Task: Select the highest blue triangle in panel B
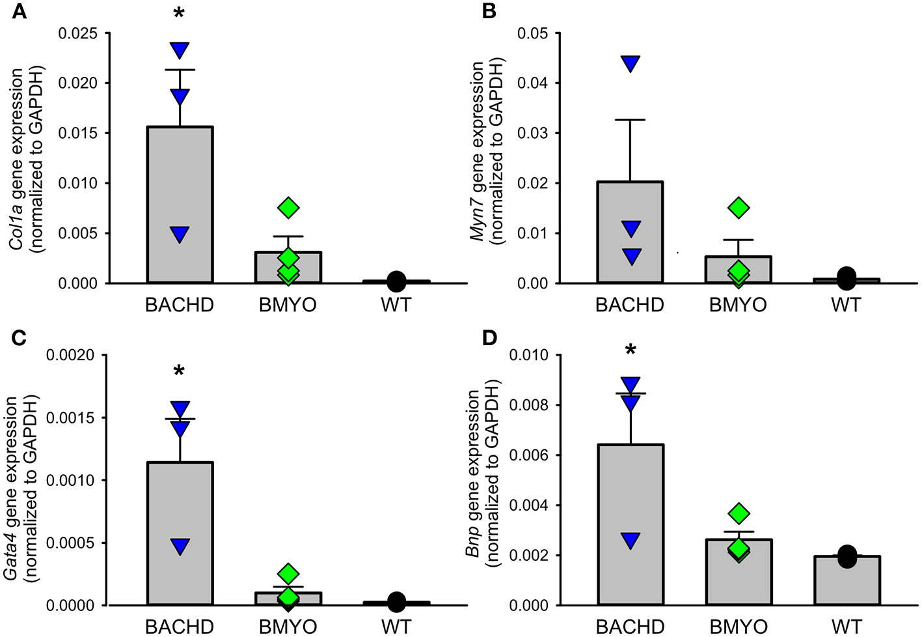(x=630, y=64)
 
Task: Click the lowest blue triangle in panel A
(x=180, y=234)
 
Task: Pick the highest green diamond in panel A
(x=288, y=208)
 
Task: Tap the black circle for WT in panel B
(x=846, y=277)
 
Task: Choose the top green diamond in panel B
(x=739, y=208)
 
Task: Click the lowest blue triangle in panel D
(x=630, y=541)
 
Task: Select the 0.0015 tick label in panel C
(x=71, y=418)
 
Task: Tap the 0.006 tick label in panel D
(x=529, y=455)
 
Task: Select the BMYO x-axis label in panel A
(x=288, y=305)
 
